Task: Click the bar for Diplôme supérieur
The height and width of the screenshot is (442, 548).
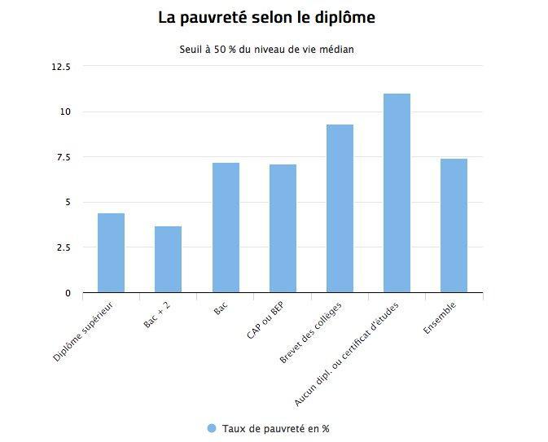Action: coord(111,252)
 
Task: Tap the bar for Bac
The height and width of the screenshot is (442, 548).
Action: coord(226,227)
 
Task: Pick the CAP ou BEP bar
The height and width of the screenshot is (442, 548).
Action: coord(283,228)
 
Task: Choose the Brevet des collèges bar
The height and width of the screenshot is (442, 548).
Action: coord(340,208)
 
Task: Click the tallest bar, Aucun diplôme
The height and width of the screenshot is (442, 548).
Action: coord(397,193)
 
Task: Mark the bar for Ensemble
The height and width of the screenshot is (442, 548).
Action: coord(454,225)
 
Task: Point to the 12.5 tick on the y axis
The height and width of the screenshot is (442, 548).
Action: coord(61,67)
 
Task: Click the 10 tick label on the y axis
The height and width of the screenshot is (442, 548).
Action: coord(65,112)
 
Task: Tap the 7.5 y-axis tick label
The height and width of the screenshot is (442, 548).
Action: coord(63,157)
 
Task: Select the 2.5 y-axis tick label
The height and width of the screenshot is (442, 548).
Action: coord(63,247)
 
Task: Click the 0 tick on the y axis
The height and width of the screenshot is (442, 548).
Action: coord(68,293)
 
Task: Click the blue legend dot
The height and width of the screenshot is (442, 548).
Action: coord(212,428)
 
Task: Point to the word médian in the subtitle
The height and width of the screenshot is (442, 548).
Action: coord(335,50)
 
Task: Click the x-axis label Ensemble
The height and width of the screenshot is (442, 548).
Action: coord(440,317)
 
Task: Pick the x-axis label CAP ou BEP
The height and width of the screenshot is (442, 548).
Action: coord(265,322)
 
